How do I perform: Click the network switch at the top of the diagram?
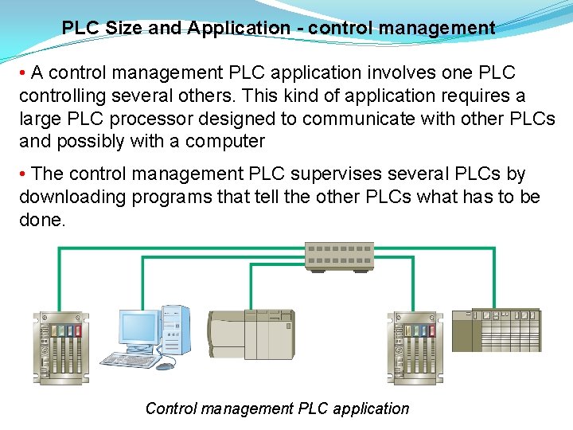[x=340, y=256]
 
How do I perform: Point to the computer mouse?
[x=164, y=366]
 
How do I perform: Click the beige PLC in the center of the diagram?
[x=250, y=334]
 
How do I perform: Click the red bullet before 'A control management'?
[x=24, y=73]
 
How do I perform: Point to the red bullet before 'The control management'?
[x=24, y=174]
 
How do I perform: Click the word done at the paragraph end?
[x=41, y=219]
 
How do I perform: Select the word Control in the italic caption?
[x=170, y=408]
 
